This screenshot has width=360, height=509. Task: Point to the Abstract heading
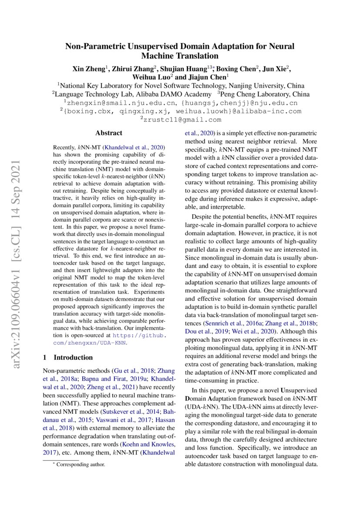tap(109, 133)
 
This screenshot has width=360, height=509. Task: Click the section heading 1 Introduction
tap(67, 357)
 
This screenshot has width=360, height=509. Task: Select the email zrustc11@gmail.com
tap(180, 119)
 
